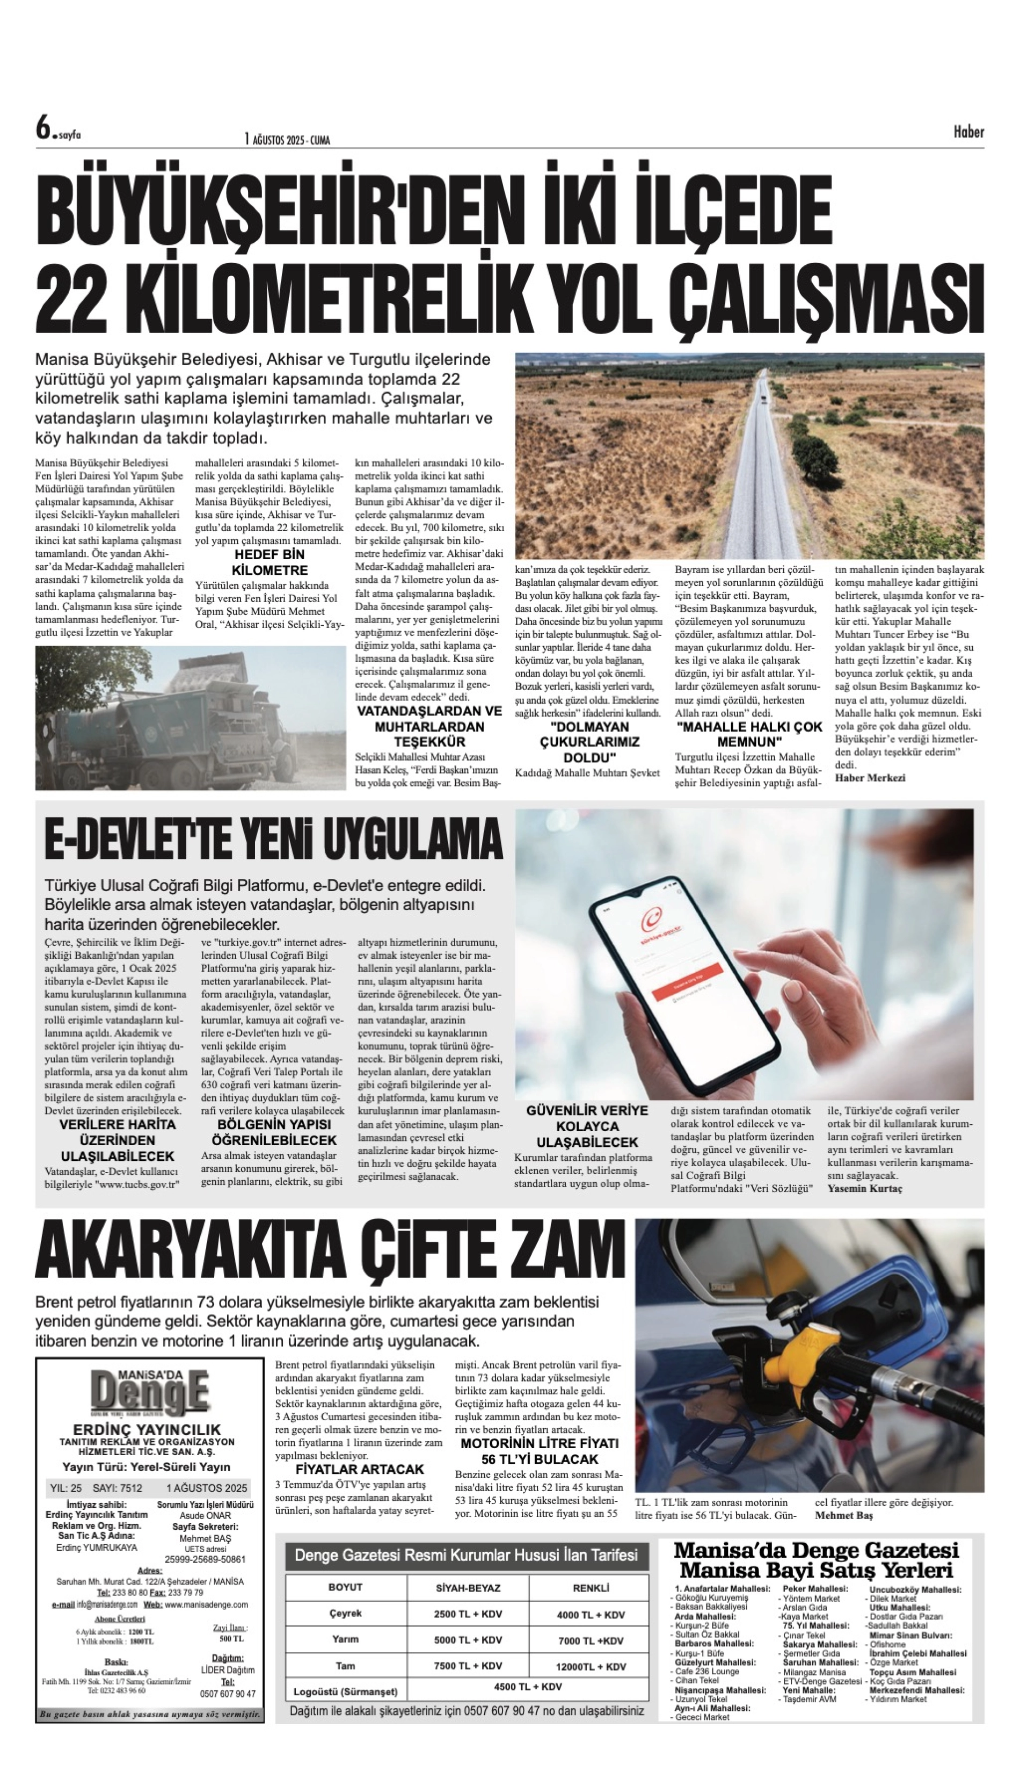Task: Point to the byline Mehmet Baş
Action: click(x=844, y=1515)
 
